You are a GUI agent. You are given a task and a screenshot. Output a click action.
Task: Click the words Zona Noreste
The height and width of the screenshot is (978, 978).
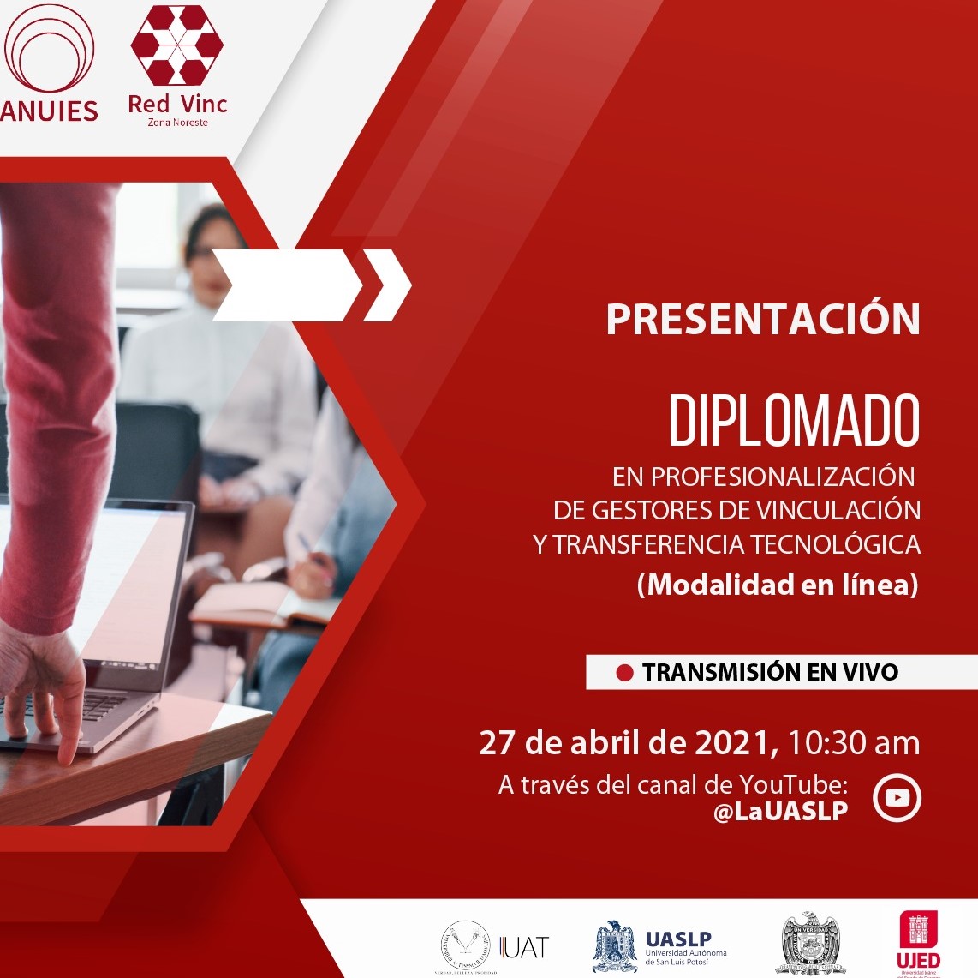tap(177, 123)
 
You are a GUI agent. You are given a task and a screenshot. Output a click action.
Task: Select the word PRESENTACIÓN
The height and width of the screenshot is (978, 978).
tap(762, 319)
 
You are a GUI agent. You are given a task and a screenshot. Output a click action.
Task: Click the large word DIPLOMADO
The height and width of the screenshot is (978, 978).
tap(794, 421)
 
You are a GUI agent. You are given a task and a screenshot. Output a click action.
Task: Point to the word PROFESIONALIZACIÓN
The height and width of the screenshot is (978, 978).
tap(783, 476)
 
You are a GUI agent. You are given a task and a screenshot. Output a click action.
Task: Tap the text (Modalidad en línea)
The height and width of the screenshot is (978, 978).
tap(778, 585)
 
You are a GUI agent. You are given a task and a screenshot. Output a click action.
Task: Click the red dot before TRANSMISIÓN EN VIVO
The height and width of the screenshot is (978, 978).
tap(624, 673)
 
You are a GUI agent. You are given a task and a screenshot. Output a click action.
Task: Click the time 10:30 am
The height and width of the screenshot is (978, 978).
tap(854, 742)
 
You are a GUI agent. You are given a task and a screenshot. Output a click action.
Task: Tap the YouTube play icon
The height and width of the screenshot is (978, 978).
tap(897, 798)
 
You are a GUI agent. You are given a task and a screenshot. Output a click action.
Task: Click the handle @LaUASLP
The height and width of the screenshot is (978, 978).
tap(780, 811)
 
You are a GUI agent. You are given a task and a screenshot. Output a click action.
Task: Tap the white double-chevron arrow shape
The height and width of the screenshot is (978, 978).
tap(313, 285)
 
